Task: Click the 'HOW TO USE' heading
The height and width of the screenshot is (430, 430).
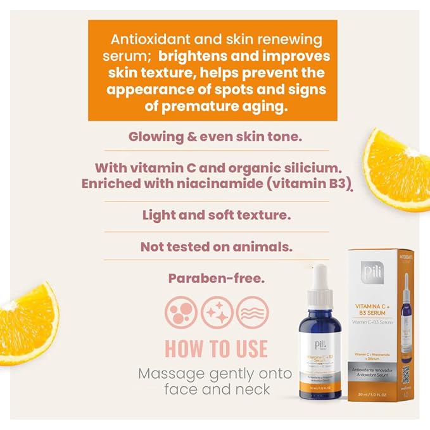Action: click(216, 348)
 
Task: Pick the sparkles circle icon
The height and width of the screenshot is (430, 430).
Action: click(216, 313)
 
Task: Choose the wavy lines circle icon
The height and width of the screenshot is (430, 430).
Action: click(251, 313)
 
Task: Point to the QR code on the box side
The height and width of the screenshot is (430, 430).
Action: click(406, 374)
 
